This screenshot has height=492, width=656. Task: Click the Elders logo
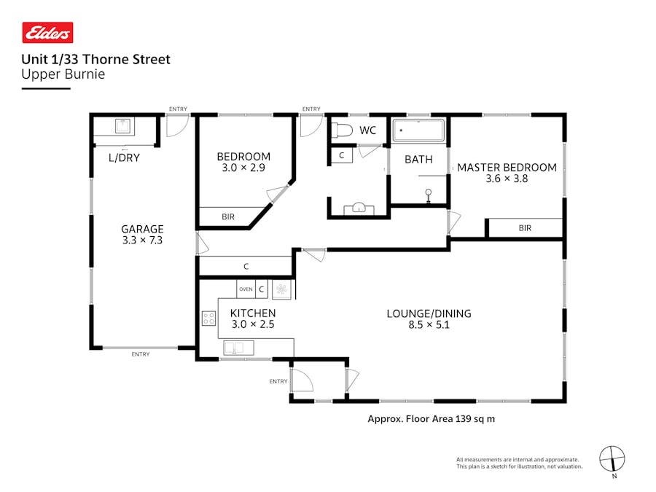(47, 33)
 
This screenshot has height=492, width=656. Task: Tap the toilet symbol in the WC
(342, 130)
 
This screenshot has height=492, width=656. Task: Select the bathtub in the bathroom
(418, 130)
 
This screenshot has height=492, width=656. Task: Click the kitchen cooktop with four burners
(208, 319)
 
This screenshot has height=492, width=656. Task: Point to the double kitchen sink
(239, 348)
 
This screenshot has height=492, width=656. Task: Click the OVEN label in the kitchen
(246, 289)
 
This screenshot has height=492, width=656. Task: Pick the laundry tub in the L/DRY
(122, 125)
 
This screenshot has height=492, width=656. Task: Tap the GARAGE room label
(142, 229)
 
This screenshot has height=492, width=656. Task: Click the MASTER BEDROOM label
(507, 168)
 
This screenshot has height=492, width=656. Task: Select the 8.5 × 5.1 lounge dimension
(429, 324)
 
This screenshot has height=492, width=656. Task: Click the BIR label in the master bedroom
(525, 228)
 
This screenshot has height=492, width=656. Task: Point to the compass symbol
(612, 459)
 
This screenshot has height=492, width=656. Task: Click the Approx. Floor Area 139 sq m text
(431, 419)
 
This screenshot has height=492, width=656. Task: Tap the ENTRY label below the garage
(141, 354)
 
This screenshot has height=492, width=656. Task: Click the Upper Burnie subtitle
(63, 74)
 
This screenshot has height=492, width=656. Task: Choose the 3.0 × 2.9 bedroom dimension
(243, 168)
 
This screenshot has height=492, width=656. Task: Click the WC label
(368, 130)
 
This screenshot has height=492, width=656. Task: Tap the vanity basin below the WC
(359, 208)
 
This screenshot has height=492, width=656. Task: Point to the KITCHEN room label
(253, 313)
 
